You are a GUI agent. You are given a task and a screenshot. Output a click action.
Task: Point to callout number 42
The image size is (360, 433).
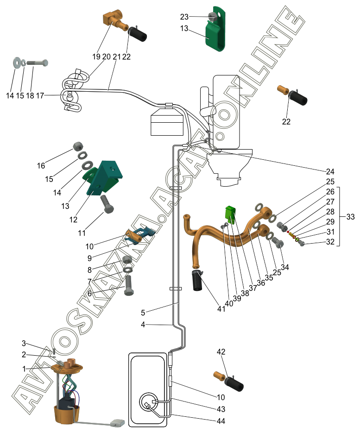[221, 352]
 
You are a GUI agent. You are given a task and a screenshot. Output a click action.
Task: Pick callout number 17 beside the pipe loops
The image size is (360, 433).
[40, 96]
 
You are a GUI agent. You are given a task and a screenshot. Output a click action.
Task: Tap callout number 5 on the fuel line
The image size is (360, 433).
[143, 312]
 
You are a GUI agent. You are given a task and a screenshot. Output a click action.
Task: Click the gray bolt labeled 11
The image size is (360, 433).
[108, 203]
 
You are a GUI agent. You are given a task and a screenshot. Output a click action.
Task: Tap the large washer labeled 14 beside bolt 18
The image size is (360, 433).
[17, 62]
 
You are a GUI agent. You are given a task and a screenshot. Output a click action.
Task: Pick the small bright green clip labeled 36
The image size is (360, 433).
[230, 213]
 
